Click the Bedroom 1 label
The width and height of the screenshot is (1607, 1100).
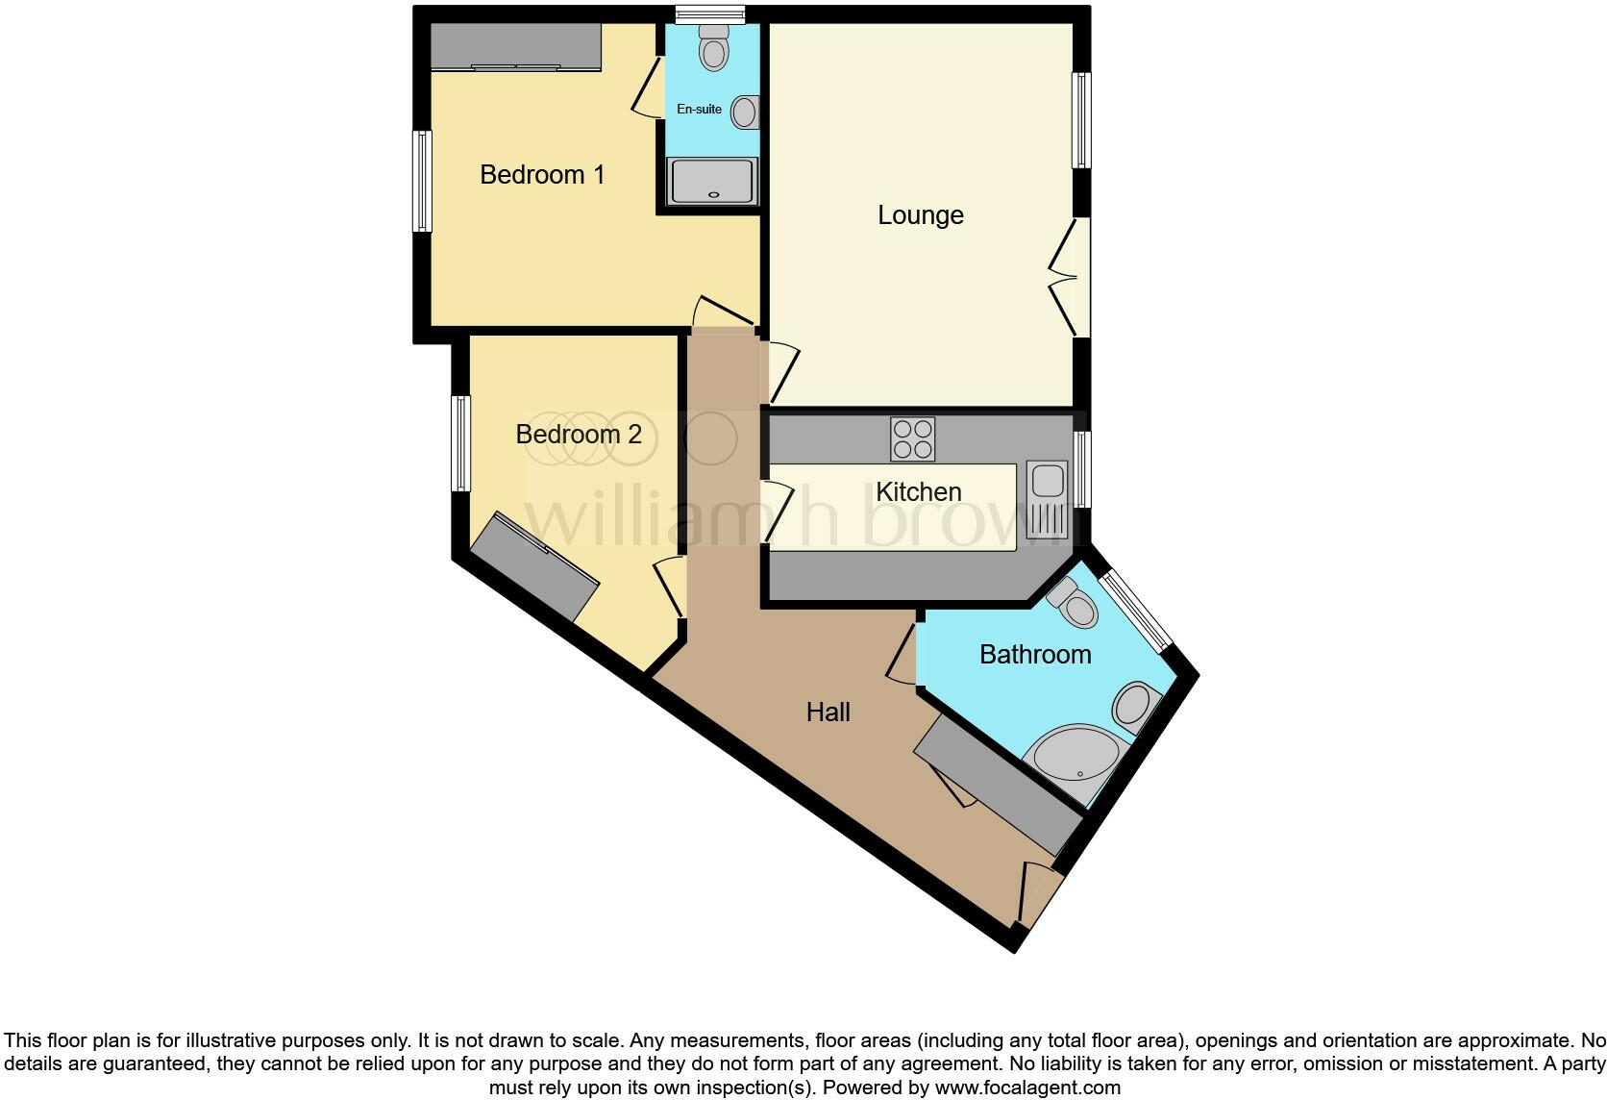pyautogui.click(x=542, y=175)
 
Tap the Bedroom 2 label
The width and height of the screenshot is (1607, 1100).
pyautogui.click(x=578, y=435)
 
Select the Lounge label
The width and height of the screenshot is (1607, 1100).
pyautogui.click(x=920, y=215)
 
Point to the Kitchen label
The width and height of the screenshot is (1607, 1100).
pyautogui.click(x=918, y=492)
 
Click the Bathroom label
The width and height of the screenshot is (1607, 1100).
pyautogui.click(x=1035, y=655)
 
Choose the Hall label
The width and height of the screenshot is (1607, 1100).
pyautogui.click(x=828, y=712)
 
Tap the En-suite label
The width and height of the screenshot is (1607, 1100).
pyautogui.click(x=699, y=110)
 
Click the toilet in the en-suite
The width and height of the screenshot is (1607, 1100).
pyautogui.click(x=713, y=48)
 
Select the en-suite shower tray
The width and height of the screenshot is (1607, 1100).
pyautogui.click(x=712, y=182)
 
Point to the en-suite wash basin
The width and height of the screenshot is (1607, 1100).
pyautogui.click(x=744, y=112)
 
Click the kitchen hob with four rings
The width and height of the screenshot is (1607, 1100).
pyautogui.click(x=912, y=439)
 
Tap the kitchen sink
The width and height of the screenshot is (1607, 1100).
pyautogui.click(x=1046, y=500)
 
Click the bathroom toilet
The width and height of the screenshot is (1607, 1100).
pyautogui.click(x=1075, y=602)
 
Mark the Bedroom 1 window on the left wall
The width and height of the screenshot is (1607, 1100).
pyautogui.click(x=422, y=182)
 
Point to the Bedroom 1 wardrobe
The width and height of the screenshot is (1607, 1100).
pyautogui.click(x=515, y=46)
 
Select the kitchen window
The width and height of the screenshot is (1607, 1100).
pyautogui.click(x=1082, y=468)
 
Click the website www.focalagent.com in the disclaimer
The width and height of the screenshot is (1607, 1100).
pyautogui.click(x=1026, y=1088)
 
